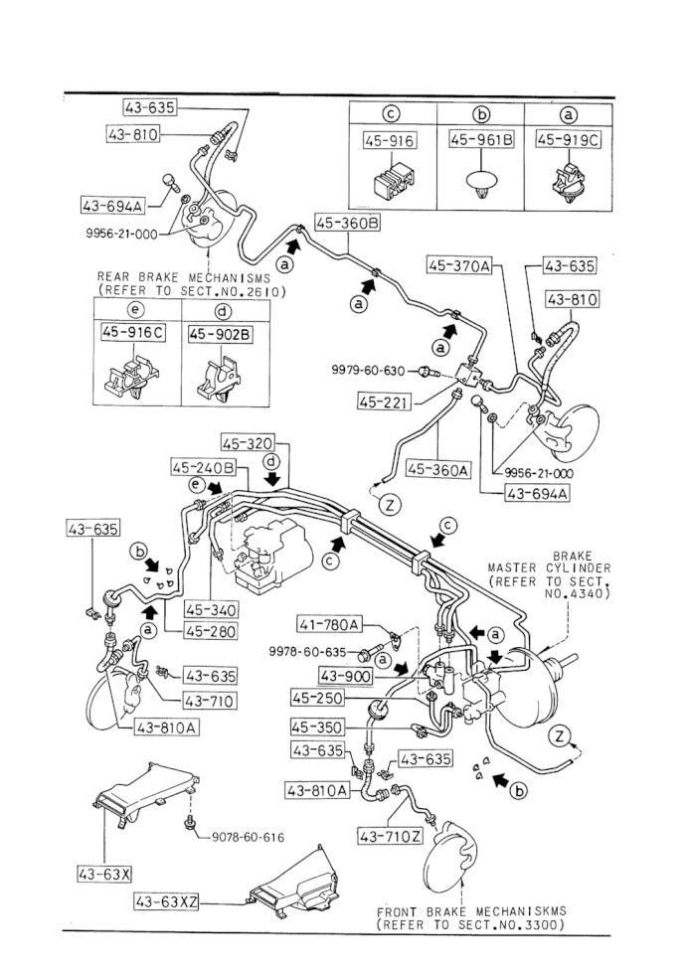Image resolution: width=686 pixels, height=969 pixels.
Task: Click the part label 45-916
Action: [390, 141]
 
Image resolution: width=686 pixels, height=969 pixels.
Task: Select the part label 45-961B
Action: [482, 140]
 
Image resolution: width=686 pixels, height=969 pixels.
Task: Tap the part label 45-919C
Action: [568, 140]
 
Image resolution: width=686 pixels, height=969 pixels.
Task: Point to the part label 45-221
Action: [384, 402]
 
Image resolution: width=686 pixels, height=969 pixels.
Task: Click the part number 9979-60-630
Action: [368, 371]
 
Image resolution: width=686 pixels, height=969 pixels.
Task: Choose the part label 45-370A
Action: [459, 265]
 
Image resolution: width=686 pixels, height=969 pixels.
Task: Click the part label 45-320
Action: [248, 443]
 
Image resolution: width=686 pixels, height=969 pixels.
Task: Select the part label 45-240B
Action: [204, 468]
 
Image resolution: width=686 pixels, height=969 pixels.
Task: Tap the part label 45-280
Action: [211, 631]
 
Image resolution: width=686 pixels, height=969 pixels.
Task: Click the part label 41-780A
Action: [329, 625]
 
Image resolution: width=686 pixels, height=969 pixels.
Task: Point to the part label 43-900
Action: [346, 677]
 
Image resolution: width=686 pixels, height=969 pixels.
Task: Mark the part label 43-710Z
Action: [391, 837]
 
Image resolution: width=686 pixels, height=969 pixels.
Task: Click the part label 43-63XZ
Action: [166, 902]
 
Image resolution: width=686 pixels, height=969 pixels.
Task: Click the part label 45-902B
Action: [220, 334]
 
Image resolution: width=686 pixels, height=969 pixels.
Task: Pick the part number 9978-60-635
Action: [306, 651]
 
